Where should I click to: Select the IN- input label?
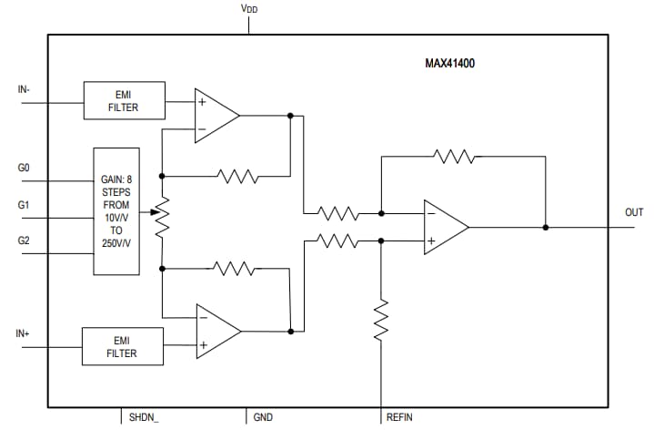coord(25,89)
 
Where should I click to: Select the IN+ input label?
coord(25,334)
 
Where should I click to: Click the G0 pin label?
coord(24,169)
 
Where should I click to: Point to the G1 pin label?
coord(24,206)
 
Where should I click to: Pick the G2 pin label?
coord(24,241)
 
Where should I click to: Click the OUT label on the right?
coord(633,213)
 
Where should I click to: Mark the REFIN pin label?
coord(399,417)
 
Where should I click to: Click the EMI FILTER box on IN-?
coord(124,100)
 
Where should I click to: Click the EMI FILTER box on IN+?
coord(122,346)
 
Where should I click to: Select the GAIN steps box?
coord(116,210)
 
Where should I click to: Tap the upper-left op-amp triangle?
coord(214,116)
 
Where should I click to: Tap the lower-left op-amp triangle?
coord(216,330)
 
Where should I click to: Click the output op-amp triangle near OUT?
coord(443,227)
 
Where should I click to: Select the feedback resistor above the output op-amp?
coord(455,157)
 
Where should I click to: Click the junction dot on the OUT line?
coord(545,227)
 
